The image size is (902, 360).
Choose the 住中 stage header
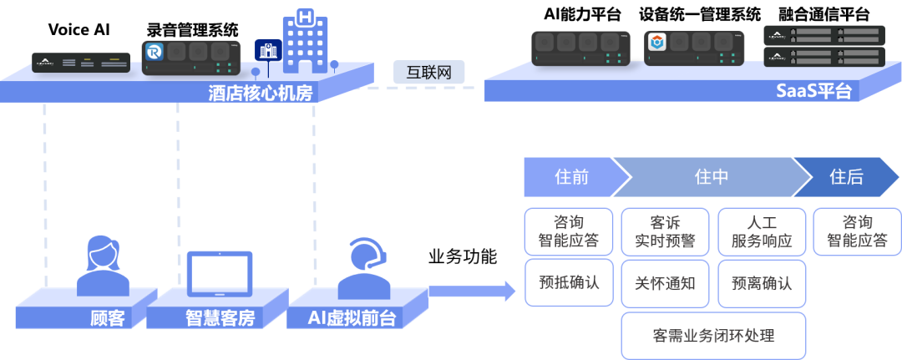(711, 177)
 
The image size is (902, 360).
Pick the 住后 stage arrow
(846, 177)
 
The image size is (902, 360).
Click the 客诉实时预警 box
(665, 231)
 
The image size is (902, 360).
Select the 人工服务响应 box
(762, 231)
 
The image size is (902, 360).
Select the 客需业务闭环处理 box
(712, 336)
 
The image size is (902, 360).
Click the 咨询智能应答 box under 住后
(855, 231)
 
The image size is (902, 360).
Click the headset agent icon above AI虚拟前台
(365, 267)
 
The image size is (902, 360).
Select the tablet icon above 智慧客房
(219, 274)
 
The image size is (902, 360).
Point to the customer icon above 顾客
(103, 266)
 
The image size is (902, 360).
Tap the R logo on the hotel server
(155, 52)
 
